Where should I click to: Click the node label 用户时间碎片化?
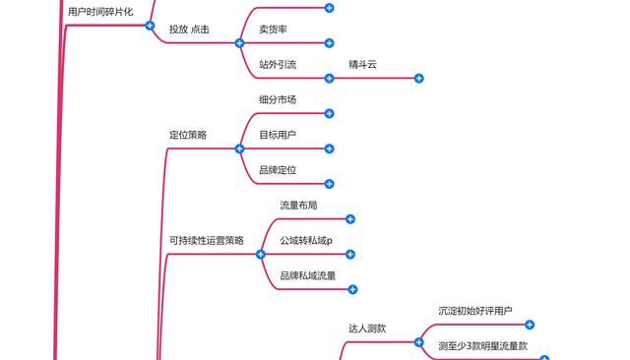pyautogui.click(x=100, y=11)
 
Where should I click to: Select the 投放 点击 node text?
pyautogui.click(x=189, y=30)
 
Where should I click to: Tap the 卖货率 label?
pyautogui.click(x=273, y=30)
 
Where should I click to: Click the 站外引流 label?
pyautogui.click(x=278, y=65)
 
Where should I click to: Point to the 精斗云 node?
pyautogui.click(x=362, y=65)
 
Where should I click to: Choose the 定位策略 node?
pyautogui.click(x=188, y=136)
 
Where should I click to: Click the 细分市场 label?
pyautogui.click(x=278, y=100)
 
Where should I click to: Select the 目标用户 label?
pyautogui.click(x=278, y=135)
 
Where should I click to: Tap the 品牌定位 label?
pyautogui.click(x=278, y=170)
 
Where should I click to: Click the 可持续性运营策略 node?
pyautogui.click(x=207, y=241)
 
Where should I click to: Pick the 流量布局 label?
pyautogui.click(x=298, y=206)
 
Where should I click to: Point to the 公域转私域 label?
pyautogui.click(x=306, y=241)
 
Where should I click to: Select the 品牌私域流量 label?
pyautogui.click(x=308, y=276)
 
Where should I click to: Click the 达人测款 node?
pyautogui.click(x=367, y=329)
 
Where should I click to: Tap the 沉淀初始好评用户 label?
pyautogui.click(x=475, y=311)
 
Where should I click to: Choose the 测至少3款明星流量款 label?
pyautogui.click(x=483, y=346)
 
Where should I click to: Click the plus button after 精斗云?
pyautogui.click(x=418, y=79)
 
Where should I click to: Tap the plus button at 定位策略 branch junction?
pyautogui.click(x=239, y=149)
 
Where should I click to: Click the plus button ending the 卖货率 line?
pyautogui.click(x=329, y=43)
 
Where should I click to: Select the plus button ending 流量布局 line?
pyautogui.click(x=349, y=219)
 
